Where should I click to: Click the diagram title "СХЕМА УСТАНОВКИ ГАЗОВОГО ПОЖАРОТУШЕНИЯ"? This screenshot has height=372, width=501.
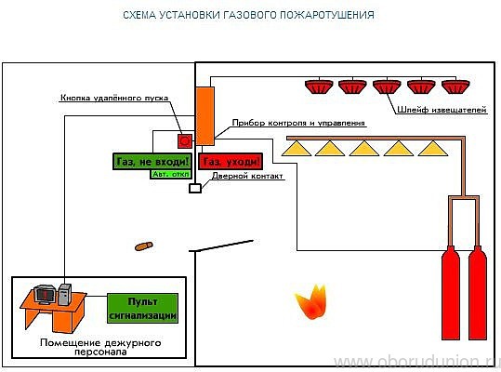(x=249, y=16)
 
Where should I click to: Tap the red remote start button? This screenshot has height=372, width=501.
(x=184, y=141)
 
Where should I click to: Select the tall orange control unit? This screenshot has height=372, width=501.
(x=204, y=116)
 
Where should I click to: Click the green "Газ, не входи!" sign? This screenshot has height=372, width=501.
(x=151, y=161)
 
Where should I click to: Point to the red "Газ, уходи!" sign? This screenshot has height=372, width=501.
(x=231, y=161)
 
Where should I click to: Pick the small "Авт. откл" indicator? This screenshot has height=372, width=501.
(x=169, y=174)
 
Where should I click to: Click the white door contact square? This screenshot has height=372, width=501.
(x=194, y=189)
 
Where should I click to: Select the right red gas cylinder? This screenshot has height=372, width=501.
(x=478, y=288)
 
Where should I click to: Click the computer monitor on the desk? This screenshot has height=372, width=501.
(x=44, y=294)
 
